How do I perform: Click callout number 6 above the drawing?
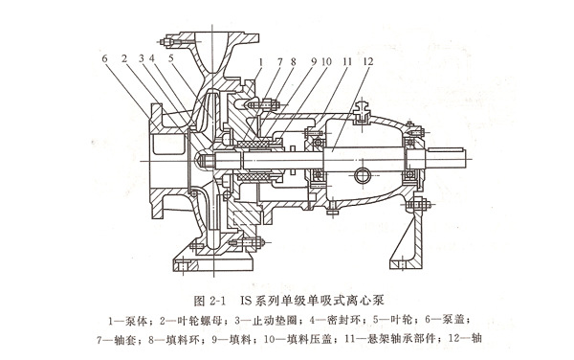click(104, 58)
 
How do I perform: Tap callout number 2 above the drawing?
click(124, 58)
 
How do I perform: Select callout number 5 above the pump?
click(171, 58)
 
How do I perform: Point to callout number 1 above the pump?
click(260, 62)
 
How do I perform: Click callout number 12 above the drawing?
click(368, 61)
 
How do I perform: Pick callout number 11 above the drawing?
click(346, 61)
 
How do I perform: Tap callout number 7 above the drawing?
click(280, 62)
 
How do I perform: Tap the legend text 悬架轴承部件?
click(403, 339)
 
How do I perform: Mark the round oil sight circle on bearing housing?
click(362, 176)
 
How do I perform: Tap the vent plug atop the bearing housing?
click(362, 112)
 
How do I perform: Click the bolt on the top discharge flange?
click(172, 42)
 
